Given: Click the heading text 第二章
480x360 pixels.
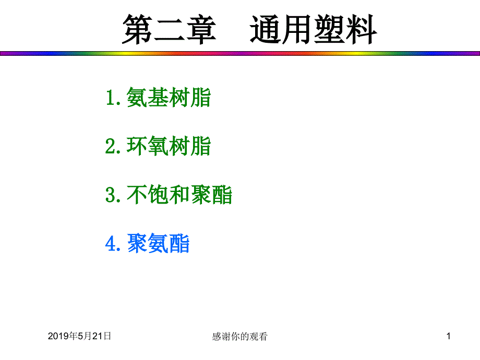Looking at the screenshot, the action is (169, 30).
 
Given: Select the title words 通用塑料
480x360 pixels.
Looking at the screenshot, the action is (313, 30).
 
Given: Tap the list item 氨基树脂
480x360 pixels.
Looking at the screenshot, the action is (169, 98).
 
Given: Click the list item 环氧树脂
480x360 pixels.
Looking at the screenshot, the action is (169, 146).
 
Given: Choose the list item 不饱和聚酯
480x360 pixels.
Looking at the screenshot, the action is (179, 195).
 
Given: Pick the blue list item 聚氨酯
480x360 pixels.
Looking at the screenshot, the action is (158, 243).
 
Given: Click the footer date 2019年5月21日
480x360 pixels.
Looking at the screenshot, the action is (79, 336).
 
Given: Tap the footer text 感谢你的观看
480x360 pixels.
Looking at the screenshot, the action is (239, 337).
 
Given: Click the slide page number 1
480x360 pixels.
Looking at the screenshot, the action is (449, 336).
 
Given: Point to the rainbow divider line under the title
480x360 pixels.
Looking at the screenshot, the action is (240, 53).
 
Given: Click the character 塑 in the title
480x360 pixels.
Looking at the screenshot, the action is (329, 30).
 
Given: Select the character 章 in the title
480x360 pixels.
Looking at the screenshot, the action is (201, 30).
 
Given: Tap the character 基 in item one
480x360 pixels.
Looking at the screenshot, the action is (158, 98).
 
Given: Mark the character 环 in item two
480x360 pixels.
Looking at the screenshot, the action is (137, 146).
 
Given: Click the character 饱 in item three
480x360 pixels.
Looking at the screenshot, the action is (158, 195).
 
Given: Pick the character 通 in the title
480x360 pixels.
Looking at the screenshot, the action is (265, 30).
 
